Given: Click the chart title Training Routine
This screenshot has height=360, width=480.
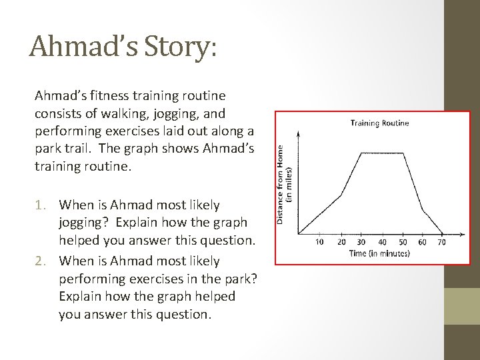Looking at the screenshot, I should (x=380, y=123).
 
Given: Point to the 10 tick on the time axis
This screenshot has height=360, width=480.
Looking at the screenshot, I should (x=319, y=241).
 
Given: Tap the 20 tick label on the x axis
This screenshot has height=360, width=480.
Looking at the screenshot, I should (x=341, y=241).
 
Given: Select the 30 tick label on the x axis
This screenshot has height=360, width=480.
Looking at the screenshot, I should (x=361, y=241).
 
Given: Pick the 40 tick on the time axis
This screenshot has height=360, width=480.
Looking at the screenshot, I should (x=383, y=241).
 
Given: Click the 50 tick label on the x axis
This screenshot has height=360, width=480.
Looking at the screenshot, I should (x=403, y=241).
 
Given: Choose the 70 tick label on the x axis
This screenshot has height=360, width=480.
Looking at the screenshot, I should (x=442, y=241).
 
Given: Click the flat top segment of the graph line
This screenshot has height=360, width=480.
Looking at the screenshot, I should (x=383, y=153).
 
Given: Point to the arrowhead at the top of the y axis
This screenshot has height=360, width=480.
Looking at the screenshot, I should (x=298, y=133).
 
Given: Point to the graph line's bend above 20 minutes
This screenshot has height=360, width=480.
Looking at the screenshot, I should (x=341, y=195).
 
